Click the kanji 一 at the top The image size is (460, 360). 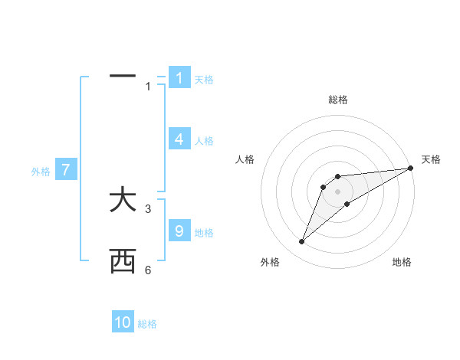click(x=123, y=77)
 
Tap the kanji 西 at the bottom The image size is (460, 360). click(x=123, y=263)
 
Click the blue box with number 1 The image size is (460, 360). click(x=179, y=78)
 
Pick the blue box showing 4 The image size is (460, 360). click(x=179, y=139)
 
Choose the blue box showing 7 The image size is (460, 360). click(x=67, y=170)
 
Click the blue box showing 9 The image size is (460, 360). click(x=179, y=231)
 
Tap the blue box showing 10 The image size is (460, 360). click(x=123, y=322)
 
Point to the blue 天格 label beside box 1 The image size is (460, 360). click(x=204, y=80)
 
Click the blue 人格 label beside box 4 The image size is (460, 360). click(x=204, y=141)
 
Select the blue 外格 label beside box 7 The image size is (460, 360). click(x=41, y=172)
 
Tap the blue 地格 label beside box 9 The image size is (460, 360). click(x=204, y=232)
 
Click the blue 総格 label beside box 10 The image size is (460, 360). click(x=147, y=324)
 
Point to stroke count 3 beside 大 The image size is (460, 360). click(x=148, y=208)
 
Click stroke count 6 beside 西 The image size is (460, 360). click(x=148, y=270)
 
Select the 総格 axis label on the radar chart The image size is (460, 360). click(x=337, y=100)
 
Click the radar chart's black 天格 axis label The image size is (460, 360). click(x=431, y=159)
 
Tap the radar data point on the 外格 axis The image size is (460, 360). click(x=302, y=242)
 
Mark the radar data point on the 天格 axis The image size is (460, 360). click(x=410, y=168)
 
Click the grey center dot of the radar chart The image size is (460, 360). click(x=337, y=191)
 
